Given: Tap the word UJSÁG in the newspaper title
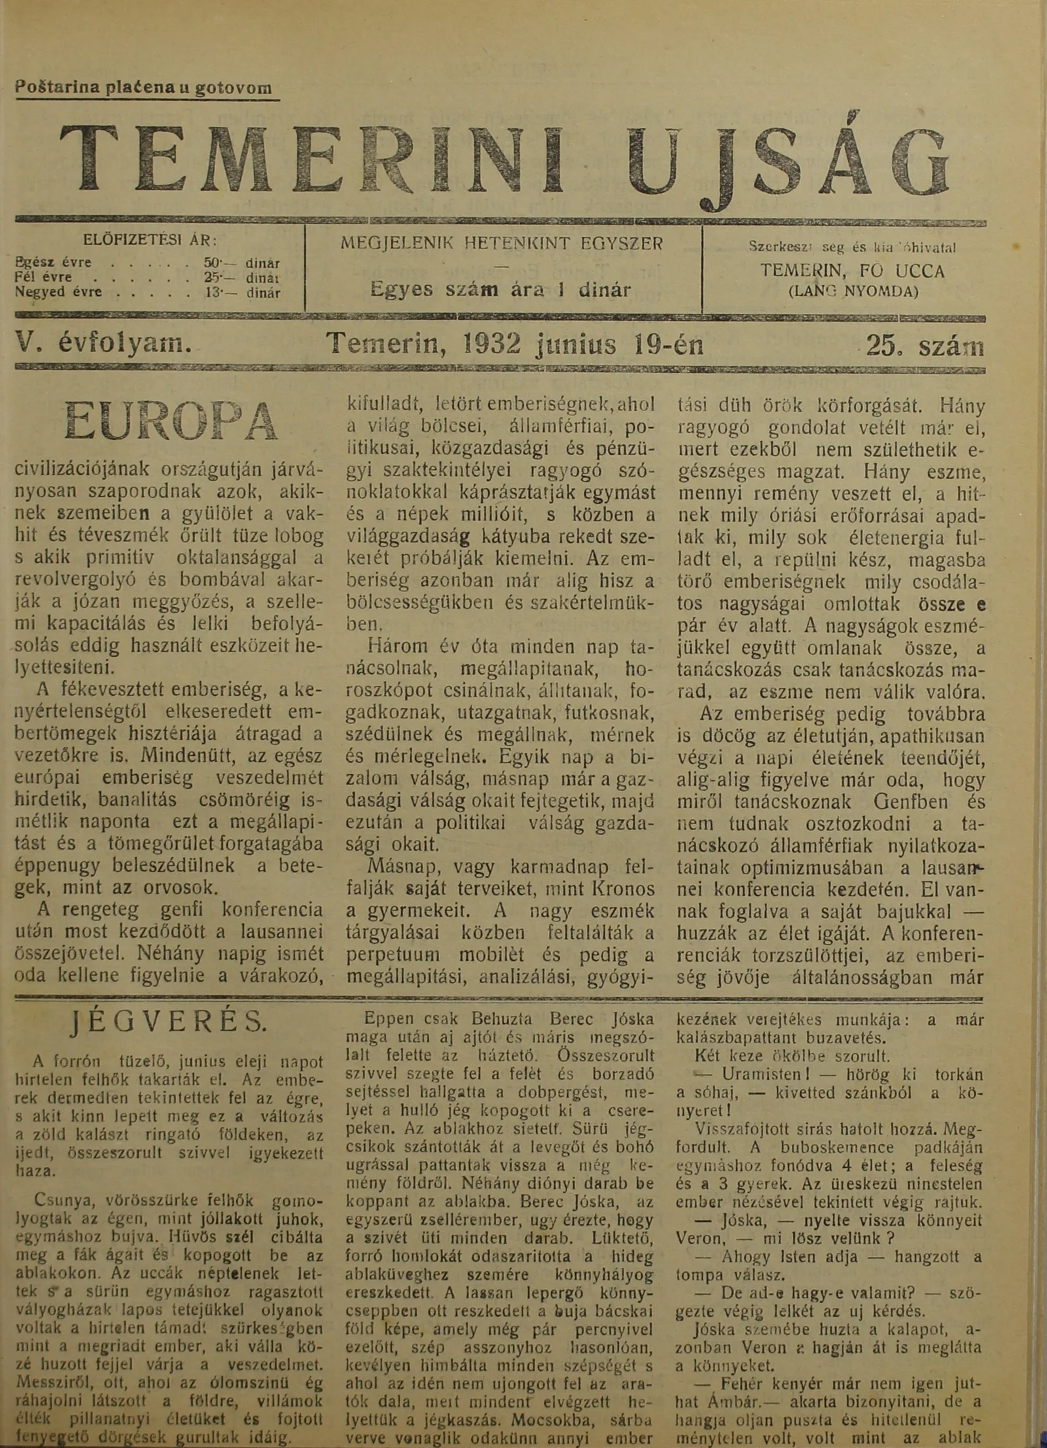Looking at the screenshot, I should click(x=788, y=164).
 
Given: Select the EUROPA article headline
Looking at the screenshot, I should click(x=171, y=421).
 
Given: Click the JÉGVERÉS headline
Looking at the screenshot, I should click(x=168, y=1020).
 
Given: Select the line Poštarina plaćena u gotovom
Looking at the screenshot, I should click(x=144, y=88).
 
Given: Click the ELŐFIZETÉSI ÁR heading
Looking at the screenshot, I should click(x=151, y=240).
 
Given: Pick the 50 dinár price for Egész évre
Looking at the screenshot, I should click(x=242, y=264).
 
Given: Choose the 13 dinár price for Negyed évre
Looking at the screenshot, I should click(x=242, y=293).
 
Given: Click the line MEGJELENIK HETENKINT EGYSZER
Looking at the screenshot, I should click(x=502, y=243).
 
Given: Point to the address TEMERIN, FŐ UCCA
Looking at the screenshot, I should click(x=853, y=271).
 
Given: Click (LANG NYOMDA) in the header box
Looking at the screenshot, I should click(x=853, y=291).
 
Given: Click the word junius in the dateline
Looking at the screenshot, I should click(x=575, y=344).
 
